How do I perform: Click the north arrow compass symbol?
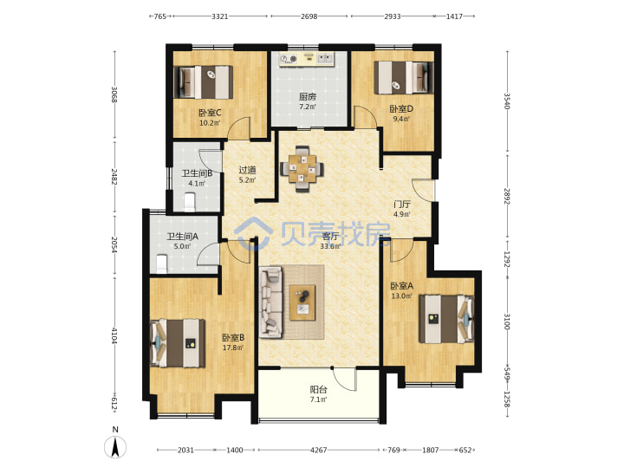(115, 447)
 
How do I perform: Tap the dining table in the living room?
(302, 169)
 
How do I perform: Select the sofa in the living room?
(270, 302)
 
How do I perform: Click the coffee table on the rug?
(302, 302)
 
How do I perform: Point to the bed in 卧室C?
(204, 82)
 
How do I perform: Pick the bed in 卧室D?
(404, 78)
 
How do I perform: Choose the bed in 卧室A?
(446, 319)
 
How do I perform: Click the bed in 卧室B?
(178, 343)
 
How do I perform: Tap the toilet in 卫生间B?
(190, 202)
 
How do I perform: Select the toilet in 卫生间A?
(161, 263)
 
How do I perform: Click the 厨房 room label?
(308, 97)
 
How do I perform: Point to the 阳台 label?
(318, 390)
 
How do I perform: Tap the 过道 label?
(247, 170)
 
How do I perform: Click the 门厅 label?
(402, 205)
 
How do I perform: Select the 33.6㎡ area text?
(330, 246)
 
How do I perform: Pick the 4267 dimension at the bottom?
(318, 450)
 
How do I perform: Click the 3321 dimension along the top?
(219, 16)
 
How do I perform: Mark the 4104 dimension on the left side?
(114, 336)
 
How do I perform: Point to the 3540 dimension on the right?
(507, 101)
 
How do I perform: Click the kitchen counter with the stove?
(307, 59)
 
